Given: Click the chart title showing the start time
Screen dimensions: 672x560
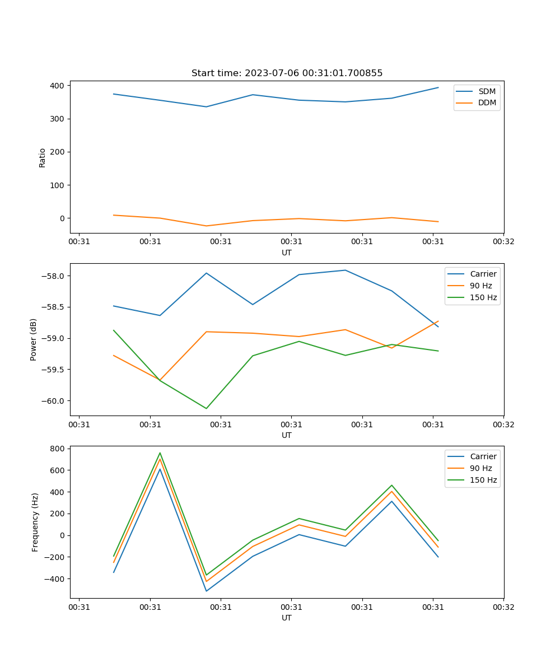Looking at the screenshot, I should click(287, 73).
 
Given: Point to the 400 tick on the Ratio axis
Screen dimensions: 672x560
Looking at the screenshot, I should click(58, 86).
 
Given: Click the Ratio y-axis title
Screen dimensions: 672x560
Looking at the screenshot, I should click(43, 157).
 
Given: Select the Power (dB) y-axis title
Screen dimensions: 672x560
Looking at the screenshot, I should click(34, 339).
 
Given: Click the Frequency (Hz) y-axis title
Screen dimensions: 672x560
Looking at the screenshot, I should click(35, 522).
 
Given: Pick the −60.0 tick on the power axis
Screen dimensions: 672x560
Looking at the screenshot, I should click(53, 401).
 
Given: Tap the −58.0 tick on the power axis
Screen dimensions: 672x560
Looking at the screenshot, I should click(53, 276).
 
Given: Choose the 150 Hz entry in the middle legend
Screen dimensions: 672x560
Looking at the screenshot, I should click(483, 297).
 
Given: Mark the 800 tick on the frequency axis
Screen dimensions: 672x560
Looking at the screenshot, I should click(58, 449).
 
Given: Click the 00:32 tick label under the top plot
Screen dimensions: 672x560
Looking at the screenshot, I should click(503, 242).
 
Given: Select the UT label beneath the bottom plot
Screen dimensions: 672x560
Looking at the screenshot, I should click(287, 618).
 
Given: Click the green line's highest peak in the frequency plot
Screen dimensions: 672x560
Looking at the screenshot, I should click(160, 452).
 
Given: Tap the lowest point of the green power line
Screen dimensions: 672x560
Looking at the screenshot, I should click(206, 408).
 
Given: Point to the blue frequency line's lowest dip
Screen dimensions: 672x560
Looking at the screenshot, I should click(206, 591).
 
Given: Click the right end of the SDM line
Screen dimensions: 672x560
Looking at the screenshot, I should click(438, 87).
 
